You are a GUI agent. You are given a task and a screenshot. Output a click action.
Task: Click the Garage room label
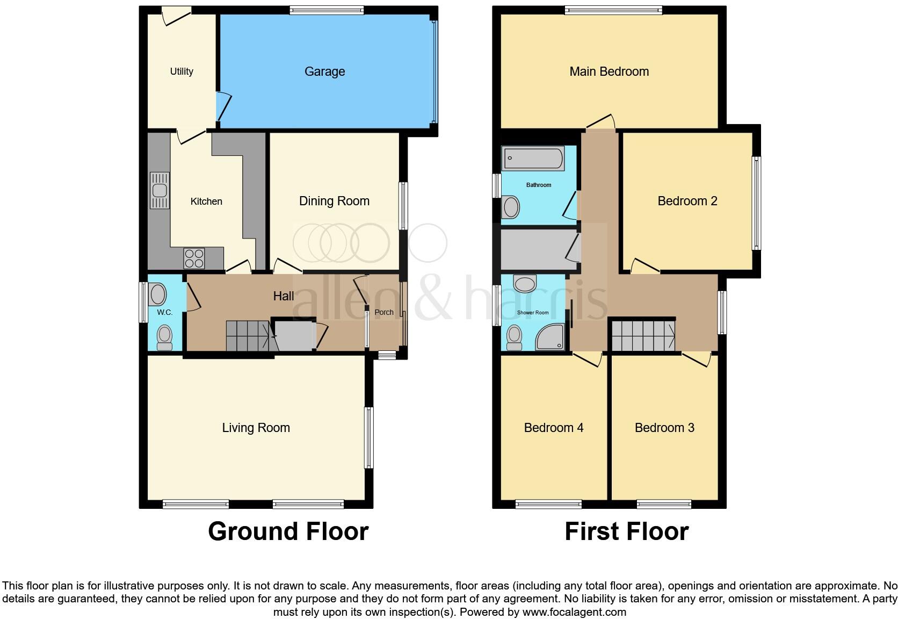(324, 71)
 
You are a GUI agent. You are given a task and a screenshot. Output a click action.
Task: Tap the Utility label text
(182, 71)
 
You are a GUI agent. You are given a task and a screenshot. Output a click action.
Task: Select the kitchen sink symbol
(160, 190)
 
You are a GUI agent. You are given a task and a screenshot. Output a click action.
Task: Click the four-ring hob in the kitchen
(193, 258)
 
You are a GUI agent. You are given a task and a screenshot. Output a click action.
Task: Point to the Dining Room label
(334, 201)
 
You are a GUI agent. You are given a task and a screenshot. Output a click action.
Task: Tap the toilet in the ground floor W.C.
(164, 337)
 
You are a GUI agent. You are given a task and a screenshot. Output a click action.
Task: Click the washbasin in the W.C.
(157, 294)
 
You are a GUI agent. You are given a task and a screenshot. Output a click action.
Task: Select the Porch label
(384, 312)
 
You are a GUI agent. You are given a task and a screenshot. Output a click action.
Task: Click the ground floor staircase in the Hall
(247, 336)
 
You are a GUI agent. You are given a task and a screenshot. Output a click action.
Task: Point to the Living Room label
(256, 428)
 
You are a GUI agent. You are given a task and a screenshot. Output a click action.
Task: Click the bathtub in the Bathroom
(533, 159)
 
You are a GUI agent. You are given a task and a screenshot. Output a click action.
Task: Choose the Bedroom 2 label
(687, 201)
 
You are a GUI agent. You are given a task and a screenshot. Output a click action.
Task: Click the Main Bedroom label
(609, 71)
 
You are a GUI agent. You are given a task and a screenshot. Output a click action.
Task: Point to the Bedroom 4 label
(553, 428)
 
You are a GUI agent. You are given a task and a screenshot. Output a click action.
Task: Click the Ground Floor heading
(288, 531)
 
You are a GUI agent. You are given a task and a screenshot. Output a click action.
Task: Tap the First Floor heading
(626, 531)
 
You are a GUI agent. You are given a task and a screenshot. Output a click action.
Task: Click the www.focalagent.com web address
(574, 612)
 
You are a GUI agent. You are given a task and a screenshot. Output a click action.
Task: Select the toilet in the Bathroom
(510, 207)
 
